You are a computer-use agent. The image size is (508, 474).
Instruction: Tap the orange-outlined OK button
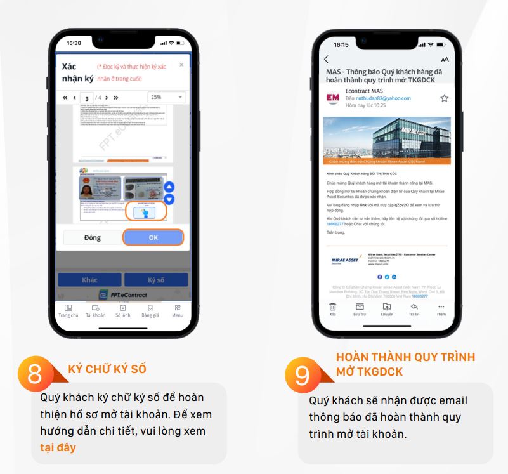tap(153, 237)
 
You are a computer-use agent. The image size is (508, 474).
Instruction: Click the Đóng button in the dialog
tap(92, 237)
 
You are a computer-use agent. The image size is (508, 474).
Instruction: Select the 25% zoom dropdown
tap(166, 97)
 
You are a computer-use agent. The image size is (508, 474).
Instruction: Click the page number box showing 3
tap(88, 98)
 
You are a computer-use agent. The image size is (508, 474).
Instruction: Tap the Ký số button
tap(155, 280)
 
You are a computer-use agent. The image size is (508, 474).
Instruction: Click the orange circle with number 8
tap(36, 374)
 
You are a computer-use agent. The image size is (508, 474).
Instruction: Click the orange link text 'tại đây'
tap(54, 447)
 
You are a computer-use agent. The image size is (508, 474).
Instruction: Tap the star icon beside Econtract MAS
tap(444, 98)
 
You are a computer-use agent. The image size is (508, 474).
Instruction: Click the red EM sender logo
tap(332, 98)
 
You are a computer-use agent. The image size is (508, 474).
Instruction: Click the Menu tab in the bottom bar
tap(178, 310)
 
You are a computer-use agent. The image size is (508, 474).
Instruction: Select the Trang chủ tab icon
tap(68, 310)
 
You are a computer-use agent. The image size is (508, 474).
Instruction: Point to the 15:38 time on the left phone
tap(74, 43)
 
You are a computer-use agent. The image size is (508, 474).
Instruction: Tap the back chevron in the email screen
tap(327, 60)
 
